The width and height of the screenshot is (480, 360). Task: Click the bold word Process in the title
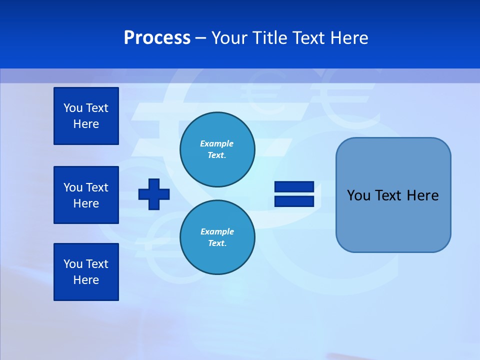(157, 38)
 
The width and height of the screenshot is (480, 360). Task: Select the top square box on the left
(86, 116)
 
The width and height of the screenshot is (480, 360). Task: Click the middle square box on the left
(86, 195)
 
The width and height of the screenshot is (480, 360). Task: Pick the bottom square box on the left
(86, 272)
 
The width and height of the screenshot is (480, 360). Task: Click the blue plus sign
(154, 194)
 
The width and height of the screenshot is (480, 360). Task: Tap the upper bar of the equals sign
(294, 187)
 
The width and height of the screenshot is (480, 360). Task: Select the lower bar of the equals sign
(294, 201)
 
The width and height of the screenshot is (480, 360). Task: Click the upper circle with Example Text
(217, 149)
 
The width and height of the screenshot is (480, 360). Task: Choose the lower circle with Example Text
(217, 237)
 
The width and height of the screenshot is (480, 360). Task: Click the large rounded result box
(393, 220)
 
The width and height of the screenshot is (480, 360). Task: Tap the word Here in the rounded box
(422, 195)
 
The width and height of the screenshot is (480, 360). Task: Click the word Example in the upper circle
(216, 143)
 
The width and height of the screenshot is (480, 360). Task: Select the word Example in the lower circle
(217, 231)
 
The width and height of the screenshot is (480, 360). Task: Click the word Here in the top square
(86, 124)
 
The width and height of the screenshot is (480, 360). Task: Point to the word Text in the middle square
(97, 187)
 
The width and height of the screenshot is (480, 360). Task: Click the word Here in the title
(350, 38)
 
